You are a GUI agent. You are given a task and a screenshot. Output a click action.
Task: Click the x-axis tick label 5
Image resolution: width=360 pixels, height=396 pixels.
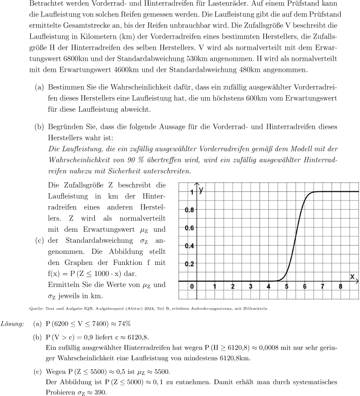pos(286,287)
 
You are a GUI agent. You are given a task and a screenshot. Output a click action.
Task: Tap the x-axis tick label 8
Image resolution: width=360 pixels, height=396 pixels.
pos(340,287)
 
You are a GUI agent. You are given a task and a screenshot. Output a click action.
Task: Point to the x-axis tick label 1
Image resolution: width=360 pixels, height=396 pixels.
pos(215,287)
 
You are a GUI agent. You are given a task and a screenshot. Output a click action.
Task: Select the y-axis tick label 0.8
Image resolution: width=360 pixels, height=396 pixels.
pos(189,210)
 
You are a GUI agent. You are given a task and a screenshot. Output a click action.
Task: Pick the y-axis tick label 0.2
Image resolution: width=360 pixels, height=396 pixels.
pos(189,264)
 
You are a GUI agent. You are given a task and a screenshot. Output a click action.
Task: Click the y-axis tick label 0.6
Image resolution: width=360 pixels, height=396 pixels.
pos(189,228)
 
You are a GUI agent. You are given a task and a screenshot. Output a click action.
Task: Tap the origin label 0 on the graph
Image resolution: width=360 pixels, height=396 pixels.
pos(192,287)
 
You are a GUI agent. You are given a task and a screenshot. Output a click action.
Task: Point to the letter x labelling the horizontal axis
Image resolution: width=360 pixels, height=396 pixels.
pos(352,276)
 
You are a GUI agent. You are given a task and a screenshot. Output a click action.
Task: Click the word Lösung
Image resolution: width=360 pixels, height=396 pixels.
pos(13,324)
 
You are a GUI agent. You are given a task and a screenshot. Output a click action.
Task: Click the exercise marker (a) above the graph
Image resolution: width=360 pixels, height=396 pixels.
pos(40,86)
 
